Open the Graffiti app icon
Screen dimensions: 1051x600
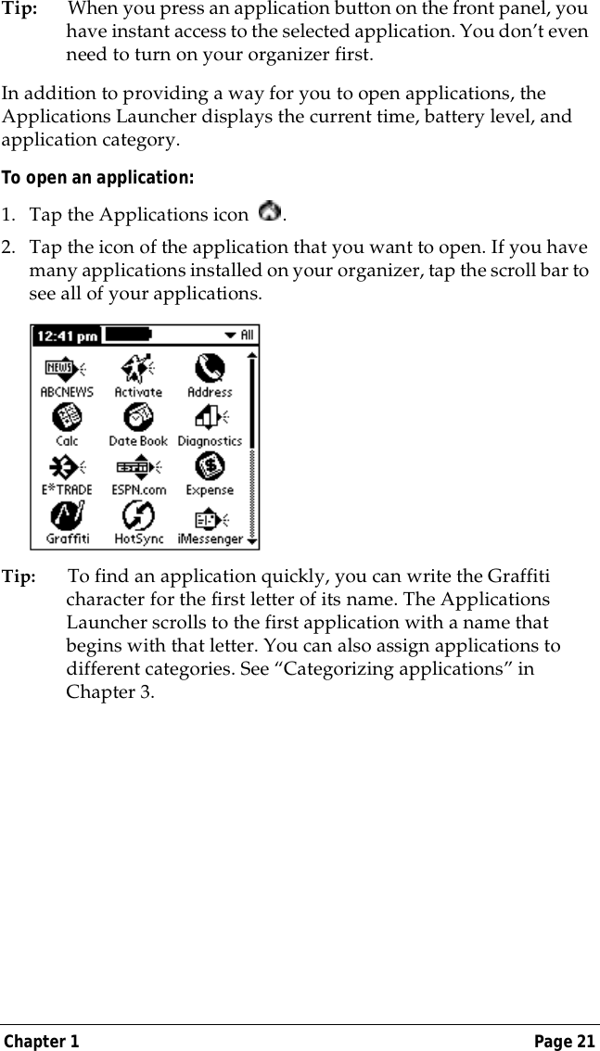[x=68, y=514]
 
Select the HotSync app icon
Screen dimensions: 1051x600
[x=138, y=514]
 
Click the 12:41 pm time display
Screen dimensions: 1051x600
[x=68, y=336]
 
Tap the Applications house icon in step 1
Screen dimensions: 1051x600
[x=270, y=213]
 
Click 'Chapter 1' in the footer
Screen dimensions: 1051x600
[x=41, y=1042]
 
